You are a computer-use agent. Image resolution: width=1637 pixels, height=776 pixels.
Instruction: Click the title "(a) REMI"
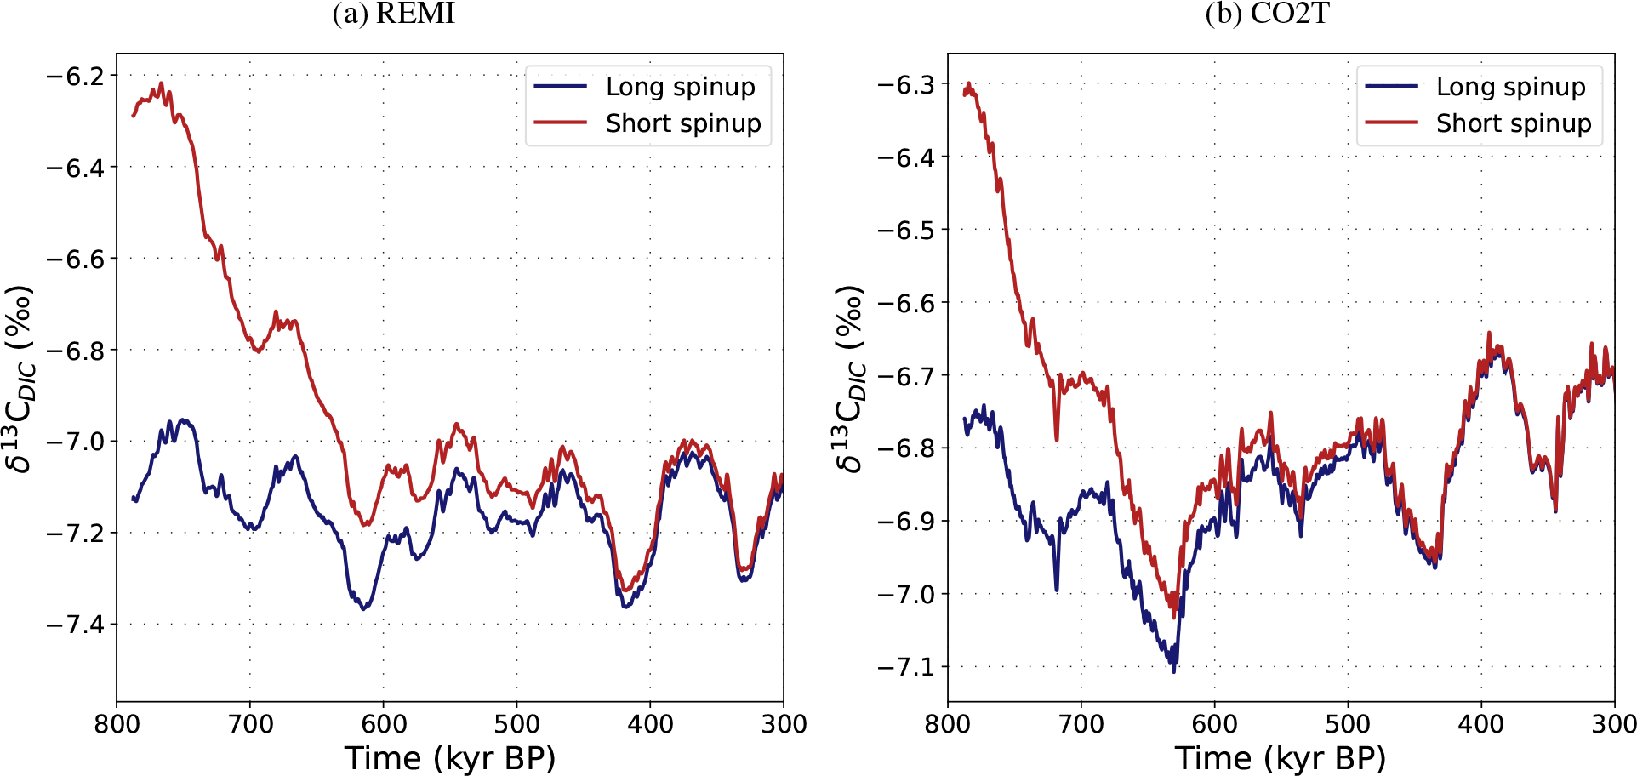click(x=393, y=14)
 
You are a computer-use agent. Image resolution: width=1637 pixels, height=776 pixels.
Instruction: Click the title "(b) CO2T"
click(x=1267, y=14)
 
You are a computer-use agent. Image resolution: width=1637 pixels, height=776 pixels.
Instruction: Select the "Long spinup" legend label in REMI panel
click(x=680, y=87)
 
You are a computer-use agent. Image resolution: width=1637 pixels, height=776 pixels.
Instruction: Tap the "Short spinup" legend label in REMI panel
click(x=683, y=123)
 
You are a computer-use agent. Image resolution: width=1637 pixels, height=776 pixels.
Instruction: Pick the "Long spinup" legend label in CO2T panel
click(x=1510, y=87)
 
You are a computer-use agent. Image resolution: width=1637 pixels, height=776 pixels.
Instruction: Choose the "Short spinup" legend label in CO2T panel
click(x=1514, y=123)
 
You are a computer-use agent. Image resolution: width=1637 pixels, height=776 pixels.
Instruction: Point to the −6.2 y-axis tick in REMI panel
click(x=75, y=77)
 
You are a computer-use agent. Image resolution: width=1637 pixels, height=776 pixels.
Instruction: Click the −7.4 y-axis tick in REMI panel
click(x=75, y=625)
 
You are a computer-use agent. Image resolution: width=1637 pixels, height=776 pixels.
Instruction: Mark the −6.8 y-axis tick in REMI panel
click(x=75, y=351)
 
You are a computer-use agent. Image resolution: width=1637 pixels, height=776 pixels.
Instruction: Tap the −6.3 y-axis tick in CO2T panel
click(x=906, y=84)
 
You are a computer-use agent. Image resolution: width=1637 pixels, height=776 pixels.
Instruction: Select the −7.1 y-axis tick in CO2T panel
click(x=906, y=666)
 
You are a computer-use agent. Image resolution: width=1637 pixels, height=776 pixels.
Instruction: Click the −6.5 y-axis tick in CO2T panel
click(x=906, y=230)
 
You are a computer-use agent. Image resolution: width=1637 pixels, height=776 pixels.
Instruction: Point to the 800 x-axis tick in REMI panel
click(x=117, y=724)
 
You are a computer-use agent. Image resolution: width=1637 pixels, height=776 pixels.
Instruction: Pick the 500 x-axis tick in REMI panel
click(x=516, y=724)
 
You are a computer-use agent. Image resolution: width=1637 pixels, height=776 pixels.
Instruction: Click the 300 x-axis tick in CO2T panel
click(x=1614, y=724)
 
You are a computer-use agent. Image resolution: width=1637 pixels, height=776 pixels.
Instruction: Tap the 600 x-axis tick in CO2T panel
click(x=1214, y=724)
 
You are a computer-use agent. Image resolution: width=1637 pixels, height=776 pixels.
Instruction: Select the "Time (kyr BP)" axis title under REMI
click(x=449, y=757)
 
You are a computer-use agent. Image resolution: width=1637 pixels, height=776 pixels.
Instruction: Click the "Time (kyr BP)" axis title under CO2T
click(x=1281, y=757)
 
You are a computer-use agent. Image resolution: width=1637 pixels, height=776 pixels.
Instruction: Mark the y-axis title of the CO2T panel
click(x=849, y=379)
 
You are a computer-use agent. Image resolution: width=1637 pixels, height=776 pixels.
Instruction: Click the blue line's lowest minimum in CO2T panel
click(x=1174, y=671)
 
